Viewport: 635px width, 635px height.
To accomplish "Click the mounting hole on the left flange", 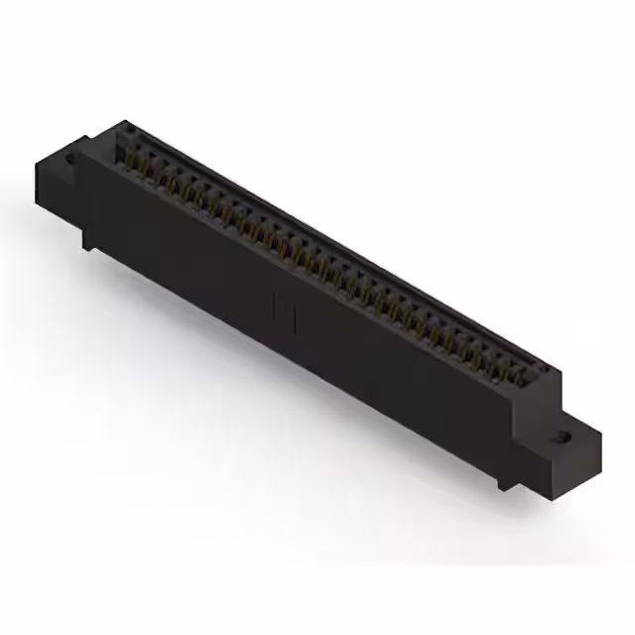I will pos(69,157).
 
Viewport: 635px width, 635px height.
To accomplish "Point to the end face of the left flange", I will pos(50,179).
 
